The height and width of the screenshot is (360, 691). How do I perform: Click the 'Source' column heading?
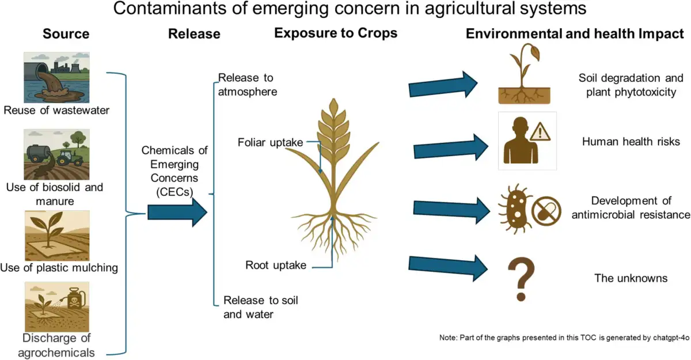66,33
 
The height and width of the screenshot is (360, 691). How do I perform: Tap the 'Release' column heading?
195,33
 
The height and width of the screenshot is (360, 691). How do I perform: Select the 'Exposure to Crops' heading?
336,33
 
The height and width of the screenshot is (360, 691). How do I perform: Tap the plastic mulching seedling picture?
58,236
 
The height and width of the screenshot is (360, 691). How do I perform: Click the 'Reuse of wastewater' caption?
56,110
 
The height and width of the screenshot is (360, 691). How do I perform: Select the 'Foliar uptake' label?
270,142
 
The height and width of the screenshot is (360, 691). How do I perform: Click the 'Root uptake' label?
276,265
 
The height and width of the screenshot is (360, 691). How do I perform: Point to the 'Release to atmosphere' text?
248,85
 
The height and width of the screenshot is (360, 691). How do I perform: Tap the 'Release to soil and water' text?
261,307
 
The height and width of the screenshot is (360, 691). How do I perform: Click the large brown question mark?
521,279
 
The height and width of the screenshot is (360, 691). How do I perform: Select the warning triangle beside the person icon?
540,132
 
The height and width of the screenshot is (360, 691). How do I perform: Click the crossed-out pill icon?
546,211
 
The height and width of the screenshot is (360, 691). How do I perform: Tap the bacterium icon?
515,209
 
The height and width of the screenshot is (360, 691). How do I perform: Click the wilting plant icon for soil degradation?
524,73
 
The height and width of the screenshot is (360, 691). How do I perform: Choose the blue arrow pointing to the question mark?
448,268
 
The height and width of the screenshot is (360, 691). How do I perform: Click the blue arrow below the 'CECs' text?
177,213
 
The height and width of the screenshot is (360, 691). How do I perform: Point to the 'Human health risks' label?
631,142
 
